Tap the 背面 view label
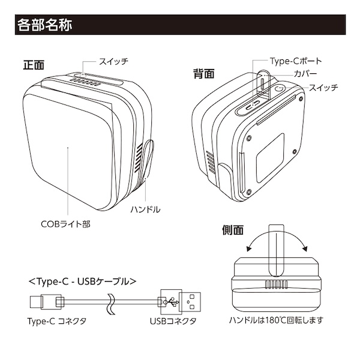point(203,74)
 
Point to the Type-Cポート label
point(296,61)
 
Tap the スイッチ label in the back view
point(324,88)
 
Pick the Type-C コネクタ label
point(57,321)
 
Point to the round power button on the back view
point(278,92)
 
